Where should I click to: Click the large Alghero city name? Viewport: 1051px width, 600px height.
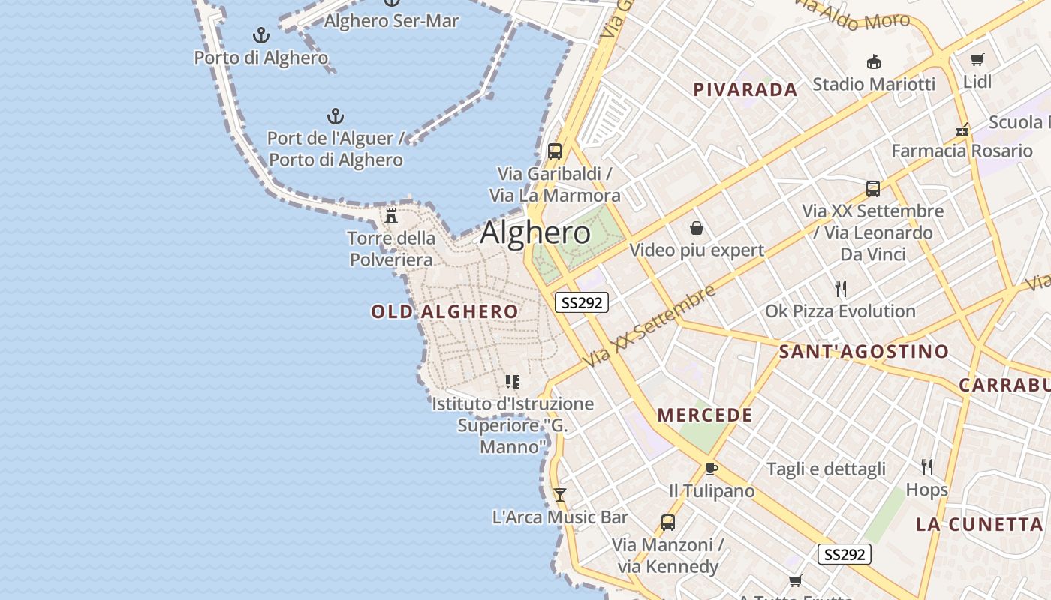pyautogui.click(x=535, y=232)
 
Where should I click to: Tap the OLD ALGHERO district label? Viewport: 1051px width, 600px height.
pyautogui.click(x=444, y=311)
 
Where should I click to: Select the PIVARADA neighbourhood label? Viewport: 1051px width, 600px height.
pyautogui.click(x=745, y=90)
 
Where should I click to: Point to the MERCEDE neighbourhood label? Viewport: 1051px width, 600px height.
pyautogui.click(x=705, y=415)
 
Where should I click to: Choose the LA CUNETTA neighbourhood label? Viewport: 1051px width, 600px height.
pyautogui.click(x=980, y=524)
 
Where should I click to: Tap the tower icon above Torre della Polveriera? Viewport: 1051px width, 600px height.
pyautogui.click(x=391, y=216)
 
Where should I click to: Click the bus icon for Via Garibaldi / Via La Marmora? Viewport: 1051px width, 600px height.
pyautogui.click(x=555, y=151)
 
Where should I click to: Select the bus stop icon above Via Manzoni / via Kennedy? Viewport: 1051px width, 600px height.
pyautogui.click(x=667, y=523)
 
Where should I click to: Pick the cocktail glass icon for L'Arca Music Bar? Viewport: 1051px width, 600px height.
pyautogui.click(x=559, y=495)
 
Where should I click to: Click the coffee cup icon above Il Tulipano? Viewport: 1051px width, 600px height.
pyautogui.click(x=711, y=469)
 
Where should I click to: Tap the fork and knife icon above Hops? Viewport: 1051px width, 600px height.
pyautogui.click(x=927, y=467)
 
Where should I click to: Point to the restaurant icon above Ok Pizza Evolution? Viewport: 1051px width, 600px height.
pyautogui.click(x=841, y=288)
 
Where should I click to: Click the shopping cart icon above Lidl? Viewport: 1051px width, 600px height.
pyautogui.click(x=977, y=60)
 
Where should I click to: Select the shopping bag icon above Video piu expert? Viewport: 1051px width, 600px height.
pyautogui.click(x=697, y=228)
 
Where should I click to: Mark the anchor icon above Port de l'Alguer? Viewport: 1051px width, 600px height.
pyautogui.click(x=336, y=116)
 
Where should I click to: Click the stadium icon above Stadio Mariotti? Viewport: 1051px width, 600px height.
pyautogui.click(x=873, y=61)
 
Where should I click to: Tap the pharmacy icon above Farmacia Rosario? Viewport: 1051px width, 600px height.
pyautogui.click(x=962, y=130)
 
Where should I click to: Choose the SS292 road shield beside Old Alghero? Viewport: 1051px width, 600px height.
pyautogui.click(x=581, y=302)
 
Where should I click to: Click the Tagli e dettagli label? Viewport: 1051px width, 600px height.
pyautogui.click(x=826, y=469)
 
